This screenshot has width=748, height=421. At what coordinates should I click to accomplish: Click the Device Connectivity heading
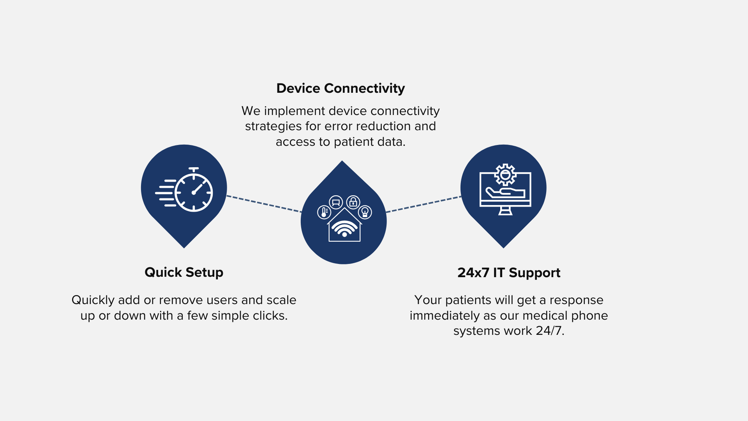coord(340,88)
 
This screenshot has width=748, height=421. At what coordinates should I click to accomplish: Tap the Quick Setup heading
coord(184,272)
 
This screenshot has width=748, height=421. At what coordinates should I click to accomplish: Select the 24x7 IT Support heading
coord(509,273)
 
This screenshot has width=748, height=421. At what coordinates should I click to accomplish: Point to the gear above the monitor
coord(505,175)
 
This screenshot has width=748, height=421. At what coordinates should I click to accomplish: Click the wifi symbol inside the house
coord(344,228)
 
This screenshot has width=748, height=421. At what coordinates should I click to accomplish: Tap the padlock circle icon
coord(353,202)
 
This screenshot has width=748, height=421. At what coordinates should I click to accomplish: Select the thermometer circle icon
coord(324,212)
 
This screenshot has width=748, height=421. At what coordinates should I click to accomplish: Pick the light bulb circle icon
coord(365,212)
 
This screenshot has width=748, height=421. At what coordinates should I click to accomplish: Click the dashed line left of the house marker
coord(264,204)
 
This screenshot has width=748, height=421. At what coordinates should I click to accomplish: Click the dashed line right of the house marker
coord(423,204)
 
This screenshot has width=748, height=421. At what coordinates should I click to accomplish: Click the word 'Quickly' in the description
coord(93,301)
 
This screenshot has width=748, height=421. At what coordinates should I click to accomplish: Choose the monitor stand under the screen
coord(505,211)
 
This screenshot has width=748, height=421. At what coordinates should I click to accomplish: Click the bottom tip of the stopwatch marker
coord(184,248)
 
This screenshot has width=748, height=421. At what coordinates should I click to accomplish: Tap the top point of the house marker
coord(342,161)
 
